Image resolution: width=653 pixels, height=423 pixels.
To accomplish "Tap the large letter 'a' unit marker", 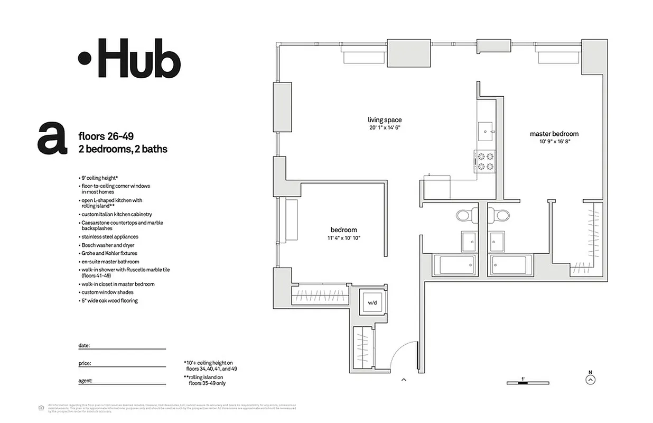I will pyautogui.click(x=53, y=139).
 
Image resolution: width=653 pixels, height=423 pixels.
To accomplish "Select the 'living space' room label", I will pyautogui.click(x=385, y=120).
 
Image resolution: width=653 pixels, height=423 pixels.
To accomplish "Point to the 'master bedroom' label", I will pyautogui.click(x=554, y=134).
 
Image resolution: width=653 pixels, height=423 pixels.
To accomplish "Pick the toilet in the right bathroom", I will pyautogui.click(x=499, y=215).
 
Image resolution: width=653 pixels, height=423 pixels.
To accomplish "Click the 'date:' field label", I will pyautogui.click(x=84, y=345).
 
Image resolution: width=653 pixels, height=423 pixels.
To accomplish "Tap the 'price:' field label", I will pyautogui.click(x=85, y=363).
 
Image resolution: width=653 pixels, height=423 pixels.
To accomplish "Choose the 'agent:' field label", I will pyautogui.click(x=86, y=381).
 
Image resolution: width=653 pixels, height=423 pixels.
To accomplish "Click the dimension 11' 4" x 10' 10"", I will pyautogui.click(x=344, y=238).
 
